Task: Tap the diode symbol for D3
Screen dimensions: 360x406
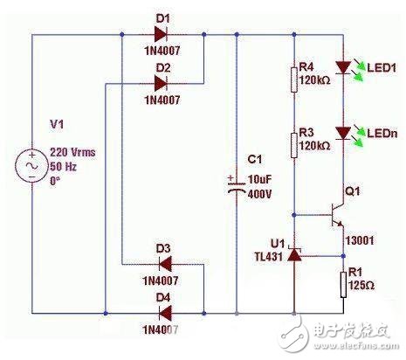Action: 162,264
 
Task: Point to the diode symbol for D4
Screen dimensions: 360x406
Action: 162,310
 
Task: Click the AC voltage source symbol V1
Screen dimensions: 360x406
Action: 31,166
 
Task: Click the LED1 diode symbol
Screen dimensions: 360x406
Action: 342,67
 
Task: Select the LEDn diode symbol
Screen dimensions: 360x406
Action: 342,133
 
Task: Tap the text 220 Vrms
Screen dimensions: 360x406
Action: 72,151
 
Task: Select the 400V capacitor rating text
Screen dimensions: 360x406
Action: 261,191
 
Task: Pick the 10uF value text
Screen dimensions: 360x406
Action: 260,178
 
